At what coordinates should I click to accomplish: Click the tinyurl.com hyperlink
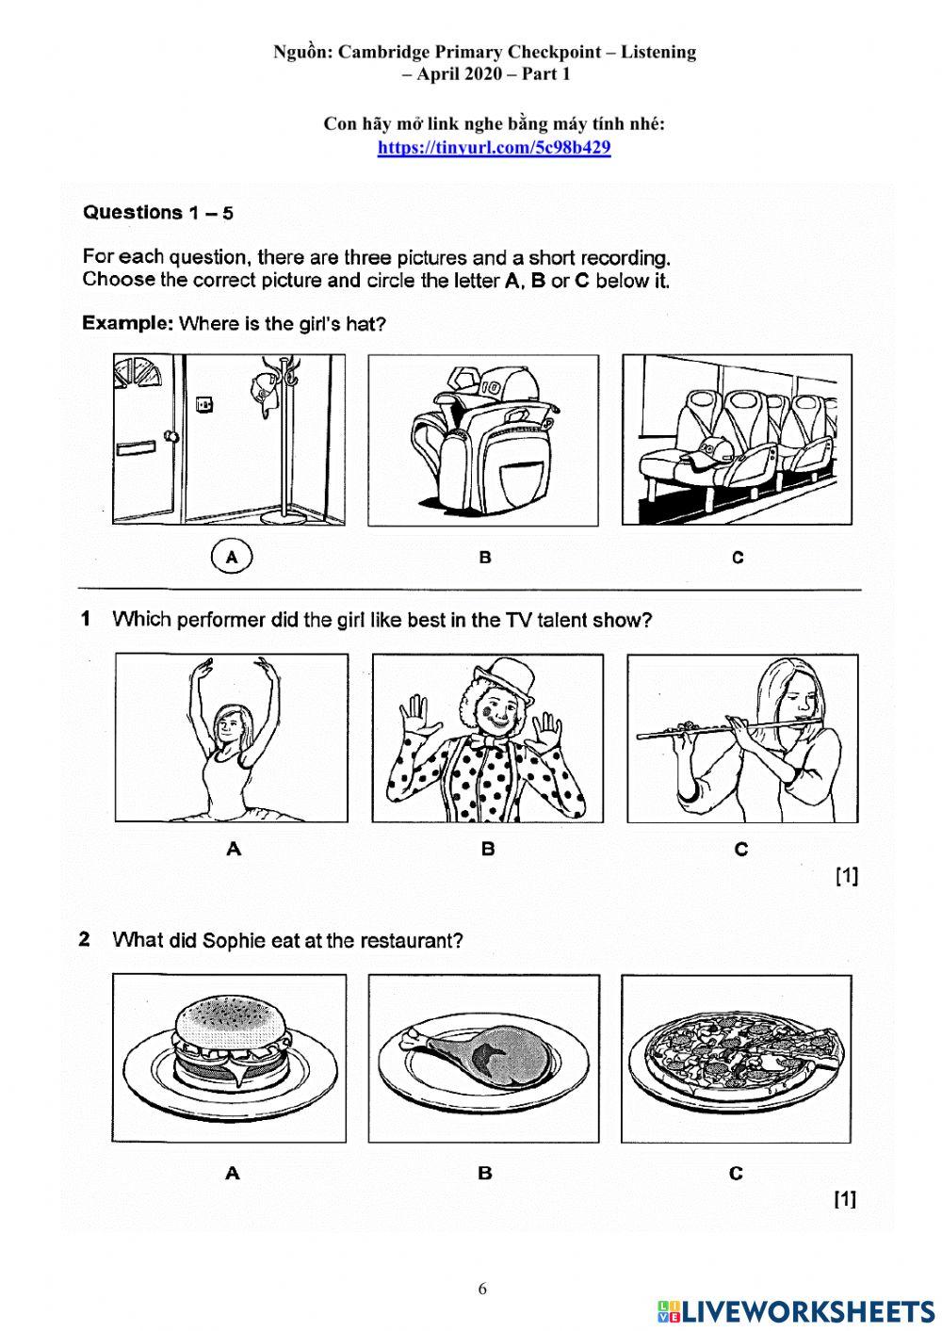pyautogui.click(x=494, y=148)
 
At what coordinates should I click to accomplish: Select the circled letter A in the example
pyautogui.click(x=233, y=557)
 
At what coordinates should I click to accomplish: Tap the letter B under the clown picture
pyautogui.click(x=488, y=849)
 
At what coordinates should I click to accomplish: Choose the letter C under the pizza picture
pyautogui.click(x=736, y=1173)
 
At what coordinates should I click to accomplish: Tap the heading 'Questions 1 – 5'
pyautogui.click(x=158, y=213)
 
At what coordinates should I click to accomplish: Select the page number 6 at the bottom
pyautogui.click(x=482, y=1290)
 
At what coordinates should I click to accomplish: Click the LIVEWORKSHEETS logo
pyautogui.click(x=796, y=1310)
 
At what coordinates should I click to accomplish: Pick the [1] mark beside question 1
pyautogui.click(x=846, y=876)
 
